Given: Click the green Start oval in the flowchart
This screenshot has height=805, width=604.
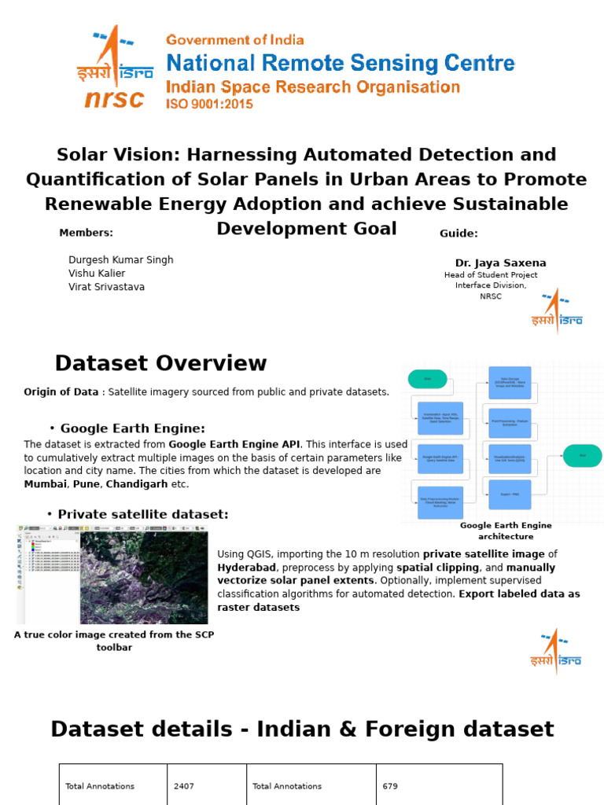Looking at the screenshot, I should (x=428, y=379).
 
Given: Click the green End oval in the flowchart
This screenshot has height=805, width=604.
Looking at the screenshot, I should (x=582, y=455).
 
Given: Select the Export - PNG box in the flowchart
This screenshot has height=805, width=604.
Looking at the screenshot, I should (x=510, y=494).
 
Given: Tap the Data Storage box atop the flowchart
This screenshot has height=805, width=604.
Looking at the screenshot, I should (x=510, y=383).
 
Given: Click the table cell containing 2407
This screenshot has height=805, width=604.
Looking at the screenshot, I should (x=206, y=786).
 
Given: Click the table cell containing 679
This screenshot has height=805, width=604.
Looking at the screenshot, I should (x=439, y=786).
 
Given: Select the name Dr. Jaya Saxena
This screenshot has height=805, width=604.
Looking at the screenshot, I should (x=500, y=263).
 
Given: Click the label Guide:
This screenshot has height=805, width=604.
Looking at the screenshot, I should (x=459, y=233).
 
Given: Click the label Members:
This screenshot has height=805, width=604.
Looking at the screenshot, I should (x=86, y=232).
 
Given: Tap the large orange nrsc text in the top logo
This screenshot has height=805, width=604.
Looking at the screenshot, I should (x=115, y=99).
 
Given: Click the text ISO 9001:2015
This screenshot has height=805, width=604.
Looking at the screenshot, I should (x=208, y=103).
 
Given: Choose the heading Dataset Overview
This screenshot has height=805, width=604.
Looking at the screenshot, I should (x=160, y=363).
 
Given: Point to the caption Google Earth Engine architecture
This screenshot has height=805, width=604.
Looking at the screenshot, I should (x=506, y=531).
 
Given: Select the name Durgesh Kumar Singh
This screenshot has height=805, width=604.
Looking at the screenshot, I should (x=121, y=259).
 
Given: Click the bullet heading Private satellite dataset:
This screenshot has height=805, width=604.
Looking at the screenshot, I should (x=144, y=514).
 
